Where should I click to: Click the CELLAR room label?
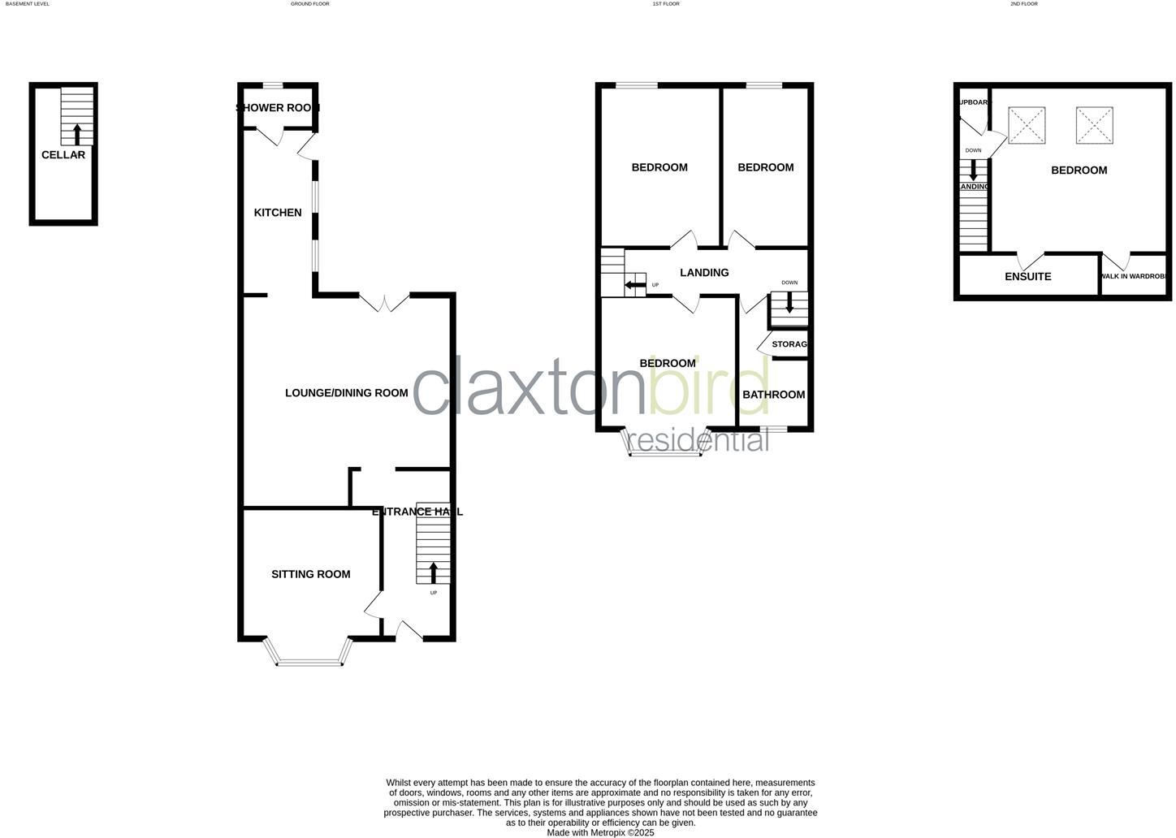click(63, 155)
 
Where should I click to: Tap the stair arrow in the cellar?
click(77, 134)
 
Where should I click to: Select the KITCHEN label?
click(278, 213)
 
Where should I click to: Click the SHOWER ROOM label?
click(278, 108)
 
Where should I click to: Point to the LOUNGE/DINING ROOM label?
click(346, 393)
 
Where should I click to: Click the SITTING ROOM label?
click(311, 574)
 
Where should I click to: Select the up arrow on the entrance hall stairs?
click(433, 572)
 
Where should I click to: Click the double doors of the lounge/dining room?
click(385, 302)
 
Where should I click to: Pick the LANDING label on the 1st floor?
click(704, 273)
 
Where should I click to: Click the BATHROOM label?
click(773, 395)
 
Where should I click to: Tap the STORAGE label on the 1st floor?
click(789, 344)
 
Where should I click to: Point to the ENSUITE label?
click(1028, 277)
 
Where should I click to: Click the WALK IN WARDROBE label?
click(1135, 277)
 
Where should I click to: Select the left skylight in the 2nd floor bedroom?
click(1027, 126)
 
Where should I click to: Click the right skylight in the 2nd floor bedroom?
click(1094, 126)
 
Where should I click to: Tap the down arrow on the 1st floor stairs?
click(789, 304)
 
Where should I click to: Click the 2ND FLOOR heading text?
click(1024, 4)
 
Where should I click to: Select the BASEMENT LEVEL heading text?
click(28, 4)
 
